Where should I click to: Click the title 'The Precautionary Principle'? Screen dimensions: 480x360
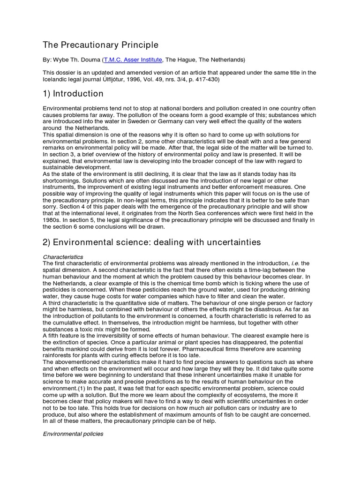[x=101, y=45]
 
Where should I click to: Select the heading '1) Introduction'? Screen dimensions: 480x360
[x=73, y=94]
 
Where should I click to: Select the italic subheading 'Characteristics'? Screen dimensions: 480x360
[x=63, y=257]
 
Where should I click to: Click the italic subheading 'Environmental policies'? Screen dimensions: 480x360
[x=73, y=434]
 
